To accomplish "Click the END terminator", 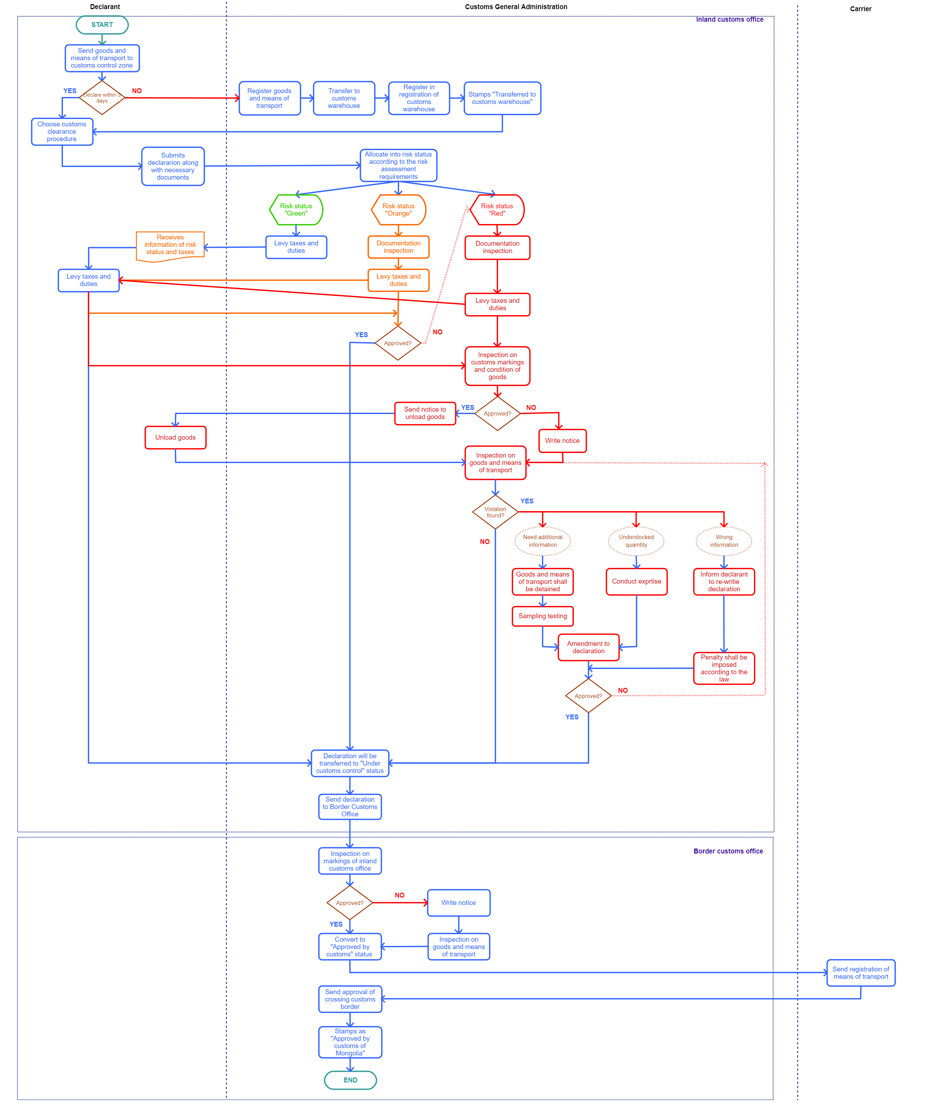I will [x=350, y=1080].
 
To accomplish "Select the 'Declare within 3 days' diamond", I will [x=102, y=98].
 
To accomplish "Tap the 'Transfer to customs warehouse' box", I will [x=344, y=98].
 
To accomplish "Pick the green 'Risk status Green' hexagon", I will [x=296, y=210].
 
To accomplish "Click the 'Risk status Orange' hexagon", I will [x=398, y=210].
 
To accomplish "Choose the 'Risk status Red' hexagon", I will [x=497, y=210].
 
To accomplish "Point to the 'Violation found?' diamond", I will [x=496, y=512].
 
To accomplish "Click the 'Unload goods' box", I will [x=175, y=437].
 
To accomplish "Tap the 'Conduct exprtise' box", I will [x=636, y=581].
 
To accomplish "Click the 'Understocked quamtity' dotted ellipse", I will [x=636, y=541].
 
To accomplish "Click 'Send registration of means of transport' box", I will [x=861, y=973].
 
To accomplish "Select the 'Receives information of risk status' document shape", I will [x=170, y=245].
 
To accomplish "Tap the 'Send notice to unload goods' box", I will [x=425, y=413].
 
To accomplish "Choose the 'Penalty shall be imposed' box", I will [x=724, y=668].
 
